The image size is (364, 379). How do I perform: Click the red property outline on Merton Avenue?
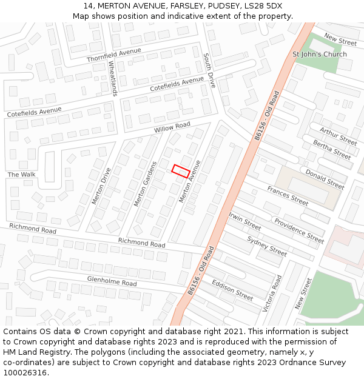tap(180, 171)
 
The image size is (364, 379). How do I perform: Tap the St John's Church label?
tap(320, 55)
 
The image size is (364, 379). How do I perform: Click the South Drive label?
tap(209, 70)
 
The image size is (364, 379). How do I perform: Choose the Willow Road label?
tap(172, 128)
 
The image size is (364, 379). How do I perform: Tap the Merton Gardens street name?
tap(146, 184)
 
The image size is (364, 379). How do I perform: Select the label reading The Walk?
tap(22, 175)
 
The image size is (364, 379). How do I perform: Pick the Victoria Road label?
tap(272, 293)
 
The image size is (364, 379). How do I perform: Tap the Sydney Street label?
tap(267, 246)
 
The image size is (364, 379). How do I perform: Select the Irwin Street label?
tap(244, 221)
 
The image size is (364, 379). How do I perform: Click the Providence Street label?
tap(299, 230)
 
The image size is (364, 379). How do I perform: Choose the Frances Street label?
tap(288, 195)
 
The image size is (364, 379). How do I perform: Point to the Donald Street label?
tap(325, 179)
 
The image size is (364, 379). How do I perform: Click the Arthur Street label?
tap(338, 136)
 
